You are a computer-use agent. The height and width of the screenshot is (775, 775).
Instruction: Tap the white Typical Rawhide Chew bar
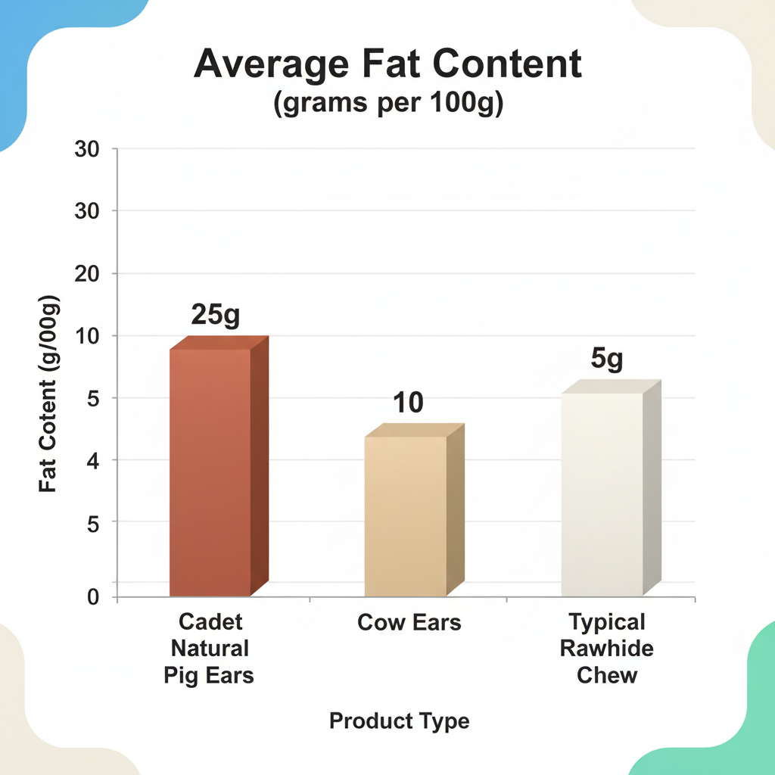click(602, 492)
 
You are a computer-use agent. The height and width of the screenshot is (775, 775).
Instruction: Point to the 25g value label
click(215, 314)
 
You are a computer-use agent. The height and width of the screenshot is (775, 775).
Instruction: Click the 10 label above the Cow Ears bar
click(409, 403)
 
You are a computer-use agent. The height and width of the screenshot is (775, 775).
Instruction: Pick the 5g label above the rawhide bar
click(607, 359)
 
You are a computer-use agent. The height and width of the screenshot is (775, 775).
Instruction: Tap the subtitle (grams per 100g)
click(387, 105)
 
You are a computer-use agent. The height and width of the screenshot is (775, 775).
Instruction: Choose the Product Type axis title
click(399, 721)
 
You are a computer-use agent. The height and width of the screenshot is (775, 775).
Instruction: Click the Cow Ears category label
click(409, 623)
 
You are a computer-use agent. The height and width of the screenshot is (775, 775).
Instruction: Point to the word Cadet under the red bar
click(210, 622)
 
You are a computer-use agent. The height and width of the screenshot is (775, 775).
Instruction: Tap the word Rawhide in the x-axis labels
click(607, 649)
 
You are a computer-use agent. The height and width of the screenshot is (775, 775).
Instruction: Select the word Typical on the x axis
click(607, 623)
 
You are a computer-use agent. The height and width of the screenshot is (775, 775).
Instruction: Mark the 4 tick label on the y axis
click(92, 460)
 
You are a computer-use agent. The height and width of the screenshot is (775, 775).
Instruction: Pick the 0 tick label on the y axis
click(92, 597)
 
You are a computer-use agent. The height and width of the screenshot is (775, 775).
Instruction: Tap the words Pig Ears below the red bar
click(209, 674)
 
